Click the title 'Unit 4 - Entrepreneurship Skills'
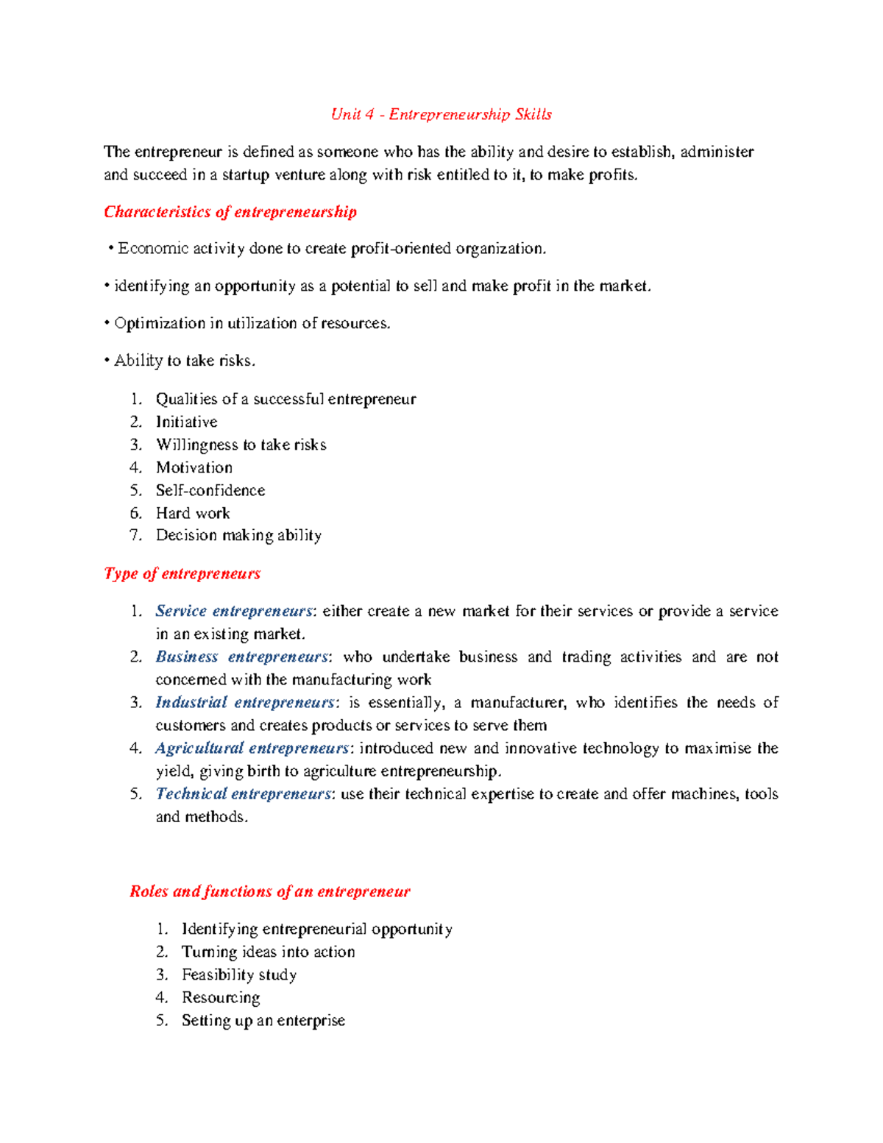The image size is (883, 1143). (x=441, y=114)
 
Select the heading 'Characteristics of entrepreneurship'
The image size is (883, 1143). (x=230, y=212)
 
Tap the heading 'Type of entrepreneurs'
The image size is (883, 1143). (x=182, y=573)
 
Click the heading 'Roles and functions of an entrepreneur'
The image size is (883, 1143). (x=269, y=891)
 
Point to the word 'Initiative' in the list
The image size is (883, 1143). (x=186, y=422)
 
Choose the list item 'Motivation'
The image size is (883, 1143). (x=194, y=467)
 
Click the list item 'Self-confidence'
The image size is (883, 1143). (x=210, y=490)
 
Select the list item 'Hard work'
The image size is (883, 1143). (x=193, y=513)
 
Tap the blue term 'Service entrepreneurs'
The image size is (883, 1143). (x=234, y=611)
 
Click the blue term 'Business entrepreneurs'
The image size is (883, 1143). (x=241, y=657)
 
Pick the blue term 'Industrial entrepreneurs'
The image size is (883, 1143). (x=244, y=702)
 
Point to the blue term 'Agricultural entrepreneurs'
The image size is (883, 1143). (x=252, y=748)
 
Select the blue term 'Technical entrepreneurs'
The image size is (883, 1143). (x=243, y=793)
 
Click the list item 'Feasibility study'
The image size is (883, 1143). (x=239, y=974)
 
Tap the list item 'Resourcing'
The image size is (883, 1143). (x=221, y=997)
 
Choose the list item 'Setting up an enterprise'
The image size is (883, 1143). (x=263, y=1020)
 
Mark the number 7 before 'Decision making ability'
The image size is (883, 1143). (x=135, y=535)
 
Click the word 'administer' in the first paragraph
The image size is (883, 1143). (x=717, y=152)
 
